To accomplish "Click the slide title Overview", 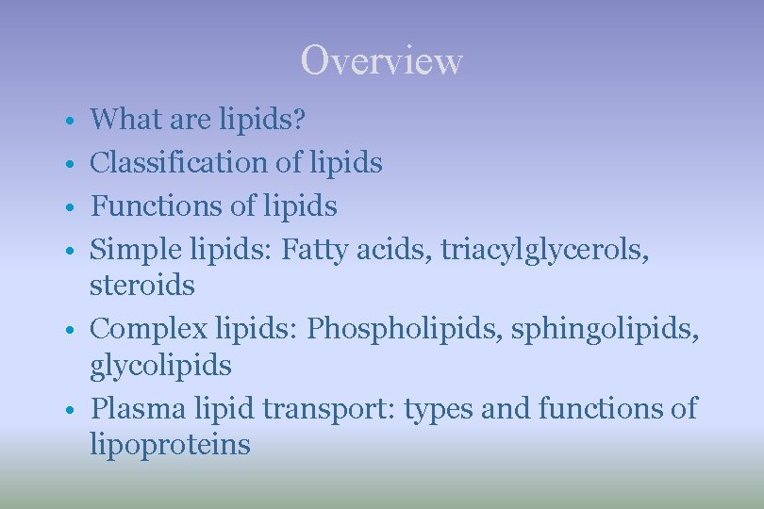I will tap(381, 61).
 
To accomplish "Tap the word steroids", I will tap(141, 285).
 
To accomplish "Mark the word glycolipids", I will tap(160, 365).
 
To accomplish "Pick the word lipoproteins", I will tap(170, 444).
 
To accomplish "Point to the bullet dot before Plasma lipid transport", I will tap(71, 411).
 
